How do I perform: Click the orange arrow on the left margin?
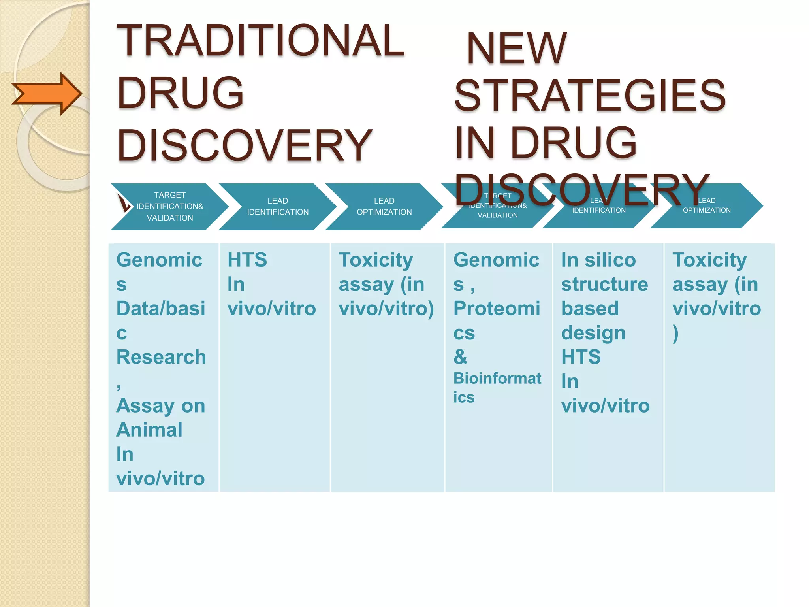tap(47, 94)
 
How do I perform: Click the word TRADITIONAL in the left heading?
tap(261, 40)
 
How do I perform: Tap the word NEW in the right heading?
tap(517, 48)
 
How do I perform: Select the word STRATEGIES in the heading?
tap(590, 95)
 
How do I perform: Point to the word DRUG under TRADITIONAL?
tap(181, 93)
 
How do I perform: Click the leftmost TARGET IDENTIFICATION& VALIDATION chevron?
tap(169, 206)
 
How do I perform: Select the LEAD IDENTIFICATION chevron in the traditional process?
tap(278, 206)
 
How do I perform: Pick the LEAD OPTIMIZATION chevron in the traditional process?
tap(384, 206)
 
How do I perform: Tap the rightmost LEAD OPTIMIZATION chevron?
tap(706, 205)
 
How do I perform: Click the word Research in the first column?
tap(161, 357)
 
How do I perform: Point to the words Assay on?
tap(161, 406)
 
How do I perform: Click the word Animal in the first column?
tap(149, 430)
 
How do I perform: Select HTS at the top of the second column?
tap(247, 260)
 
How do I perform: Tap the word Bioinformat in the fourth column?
tap(497, 379)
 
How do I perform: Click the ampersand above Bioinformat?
tap(460, 357)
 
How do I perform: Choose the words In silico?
tap(598, 260)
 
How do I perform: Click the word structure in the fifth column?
tap(604, 285)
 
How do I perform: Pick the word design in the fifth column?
tap(593, 333)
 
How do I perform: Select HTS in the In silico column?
tap(581, 357)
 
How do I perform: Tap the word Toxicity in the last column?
tap(709, 260)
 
